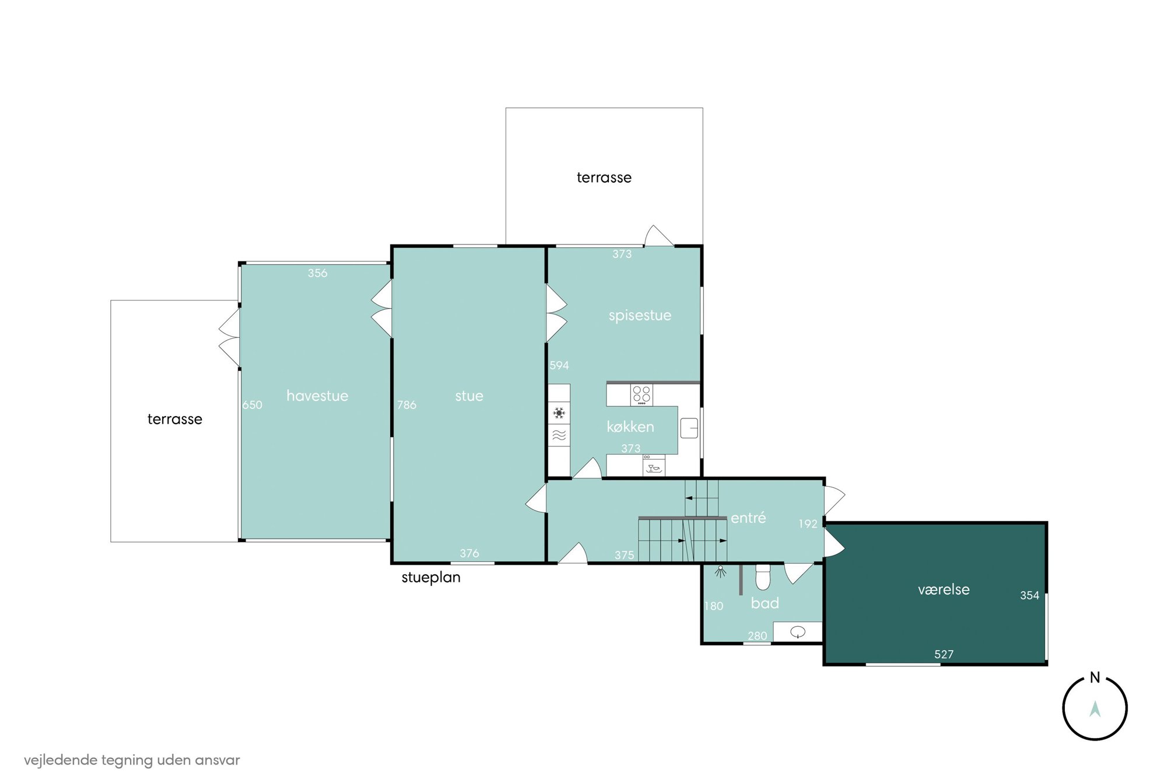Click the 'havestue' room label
[317, 396]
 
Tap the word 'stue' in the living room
[469, 396]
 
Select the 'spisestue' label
[640, 316]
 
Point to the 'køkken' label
[630, 427]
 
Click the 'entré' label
[748, 518]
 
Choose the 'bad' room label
[765, 603]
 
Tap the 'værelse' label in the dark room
[944, 589]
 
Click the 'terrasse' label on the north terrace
[604, 177]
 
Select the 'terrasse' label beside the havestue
[175, 419]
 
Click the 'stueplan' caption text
[431, 578]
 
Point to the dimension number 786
[407, 405]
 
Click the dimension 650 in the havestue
[253, 405]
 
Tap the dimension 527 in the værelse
[944, 655]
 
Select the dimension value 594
[559, 365]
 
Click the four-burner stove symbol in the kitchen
[641, 394]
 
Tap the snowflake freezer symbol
[559, 413]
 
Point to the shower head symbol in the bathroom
[721, 571]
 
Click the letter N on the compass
[1095, 678]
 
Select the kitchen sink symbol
[689, 428]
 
